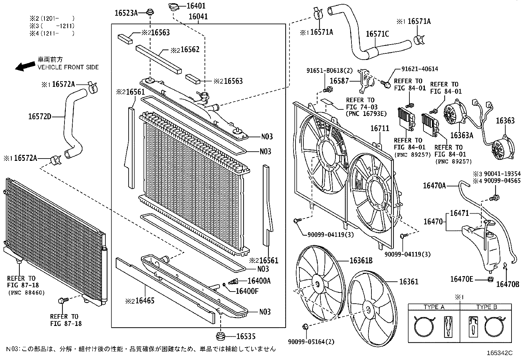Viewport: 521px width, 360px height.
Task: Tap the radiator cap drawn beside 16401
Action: (174, 7)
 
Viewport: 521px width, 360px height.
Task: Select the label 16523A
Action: (126, 13)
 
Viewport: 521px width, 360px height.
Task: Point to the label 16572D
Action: (40, 116)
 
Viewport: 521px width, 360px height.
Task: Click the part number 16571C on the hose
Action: (377, 34)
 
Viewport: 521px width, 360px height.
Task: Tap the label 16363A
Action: (461, 135)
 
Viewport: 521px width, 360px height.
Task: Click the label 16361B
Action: (361, 260)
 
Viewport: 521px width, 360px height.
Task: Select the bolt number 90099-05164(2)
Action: (311, 342)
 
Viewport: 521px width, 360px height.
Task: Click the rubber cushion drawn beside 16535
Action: (221, 336)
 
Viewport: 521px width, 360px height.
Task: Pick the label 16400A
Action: (259, 281)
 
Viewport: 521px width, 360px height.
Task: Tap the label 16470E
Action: (462, 279)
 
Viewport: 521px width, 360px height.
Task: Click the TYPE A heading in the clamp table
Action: (434, 307)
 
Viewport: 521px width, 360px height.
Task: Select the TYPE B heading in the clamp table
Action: (487, 307)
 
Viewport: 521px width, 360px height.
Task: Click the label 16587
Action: (339, 81)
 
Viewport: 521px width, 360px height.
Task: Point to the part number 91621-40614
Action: (420, 69)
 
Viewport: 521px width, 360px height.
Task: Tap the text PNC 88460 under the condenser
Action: (26, 293)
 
